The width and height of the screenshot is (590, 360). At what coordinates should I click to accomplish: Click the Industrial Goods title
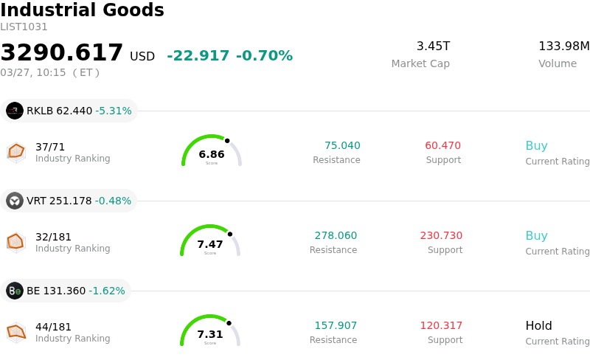coord(82,10)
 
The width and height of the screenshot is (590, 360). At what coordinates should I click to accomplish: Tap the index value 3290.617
coord(62,53)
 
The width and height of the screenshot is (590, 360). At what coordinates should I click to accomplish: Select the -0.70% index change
coord(264,56)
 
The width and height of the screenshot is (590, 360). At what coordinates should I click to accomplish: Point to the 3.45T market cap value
coord(433,46)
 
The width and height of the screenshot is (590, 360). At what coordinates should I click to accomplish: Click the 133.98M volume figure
coord(563,46)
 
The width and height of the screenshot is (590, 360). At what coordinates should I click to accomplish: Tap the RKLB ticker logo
coord(15,111)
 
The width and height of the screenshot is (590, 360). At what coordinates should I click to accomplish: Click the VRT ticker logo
coord(15,201)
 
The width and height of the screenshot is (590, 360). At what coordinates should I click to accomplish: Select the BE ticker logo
coord(15,291)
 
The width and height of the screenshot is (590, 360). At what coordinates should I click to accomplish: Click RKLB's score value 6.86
coord(212,154)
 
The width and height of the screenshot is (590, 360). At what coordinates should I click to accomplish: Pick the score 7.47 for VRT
coord(210,244)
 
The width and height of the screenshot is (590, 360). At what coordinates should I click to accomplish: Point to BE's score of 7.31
coord(210,334)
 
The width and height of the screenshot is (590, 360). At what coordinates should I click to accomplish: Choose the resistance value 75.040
coord(342,145)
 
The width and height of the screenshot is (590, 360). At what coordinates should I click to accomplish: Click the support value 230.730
coord(441,235)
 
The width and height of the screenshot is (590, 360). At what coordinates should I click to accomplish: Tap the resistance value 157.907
coord(336,325)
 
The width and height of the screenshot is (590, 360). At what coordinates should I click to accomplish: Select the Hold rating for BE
coord(538,325)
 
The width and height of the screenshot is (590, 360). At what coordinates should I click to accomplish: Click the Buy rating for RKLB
coord(536,145)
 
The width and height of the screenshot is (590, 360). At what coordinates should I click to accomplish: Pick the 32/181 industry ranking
coord(53,237)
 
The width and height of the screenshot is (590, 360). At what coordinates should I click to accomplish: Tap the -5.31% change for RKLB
coord(114,111)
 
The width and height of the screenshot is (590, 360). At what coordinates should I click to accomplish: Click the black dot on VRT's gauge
coord(229,234)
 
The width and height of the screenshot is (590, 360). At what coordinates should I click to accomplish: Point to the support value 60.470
coord(442,145)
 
